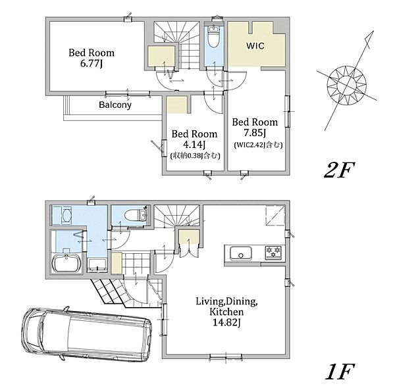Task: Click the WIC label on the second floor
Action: pyautogui.click(x=255, y=46)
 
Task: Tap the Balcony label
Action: pyautogui.click(x=115, y=105)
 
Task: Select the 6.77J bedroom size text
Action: pyautogui.click(x=92, y=63)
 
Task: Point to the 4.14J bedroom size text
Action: pyautogui.click(x=194, y=145)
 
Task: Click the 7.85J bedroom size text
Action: pyautogui.click(x=255, y=133)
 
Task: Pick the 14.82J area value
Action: pyautogui.click(x=226, y=322)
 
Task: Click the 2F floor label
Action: pyautogui.click(x=339, y=170)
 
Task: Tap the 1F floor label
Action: pyautogui.click(x=340, y=372)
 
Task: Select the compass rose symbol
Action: pyautogui.click(x=347, y=83)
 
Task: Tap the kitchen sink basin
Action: pyautogui.click(x=241, y=253)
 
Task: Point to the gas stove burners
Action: pyautogui.click(x=273, y=253)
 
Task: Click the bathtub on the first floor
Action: pyautogui.click(x=66, y=264)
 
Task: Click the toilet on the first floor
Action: pyautogui.click(x=134, y=215)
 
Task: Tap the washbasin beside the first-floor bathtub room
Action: pyautogui.click(x=66, y=214)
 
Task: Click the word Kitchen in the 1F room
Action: pyautogui.click(x=226, y=312)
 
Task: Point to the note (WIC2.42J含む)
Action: pyautogui.click(x=258, y=145)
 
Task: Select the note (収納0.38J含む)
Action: pyautogui.click(x=196, y=156)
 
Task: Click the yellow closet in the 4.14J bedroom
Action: pyautogui.click(x=177, y=105)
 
